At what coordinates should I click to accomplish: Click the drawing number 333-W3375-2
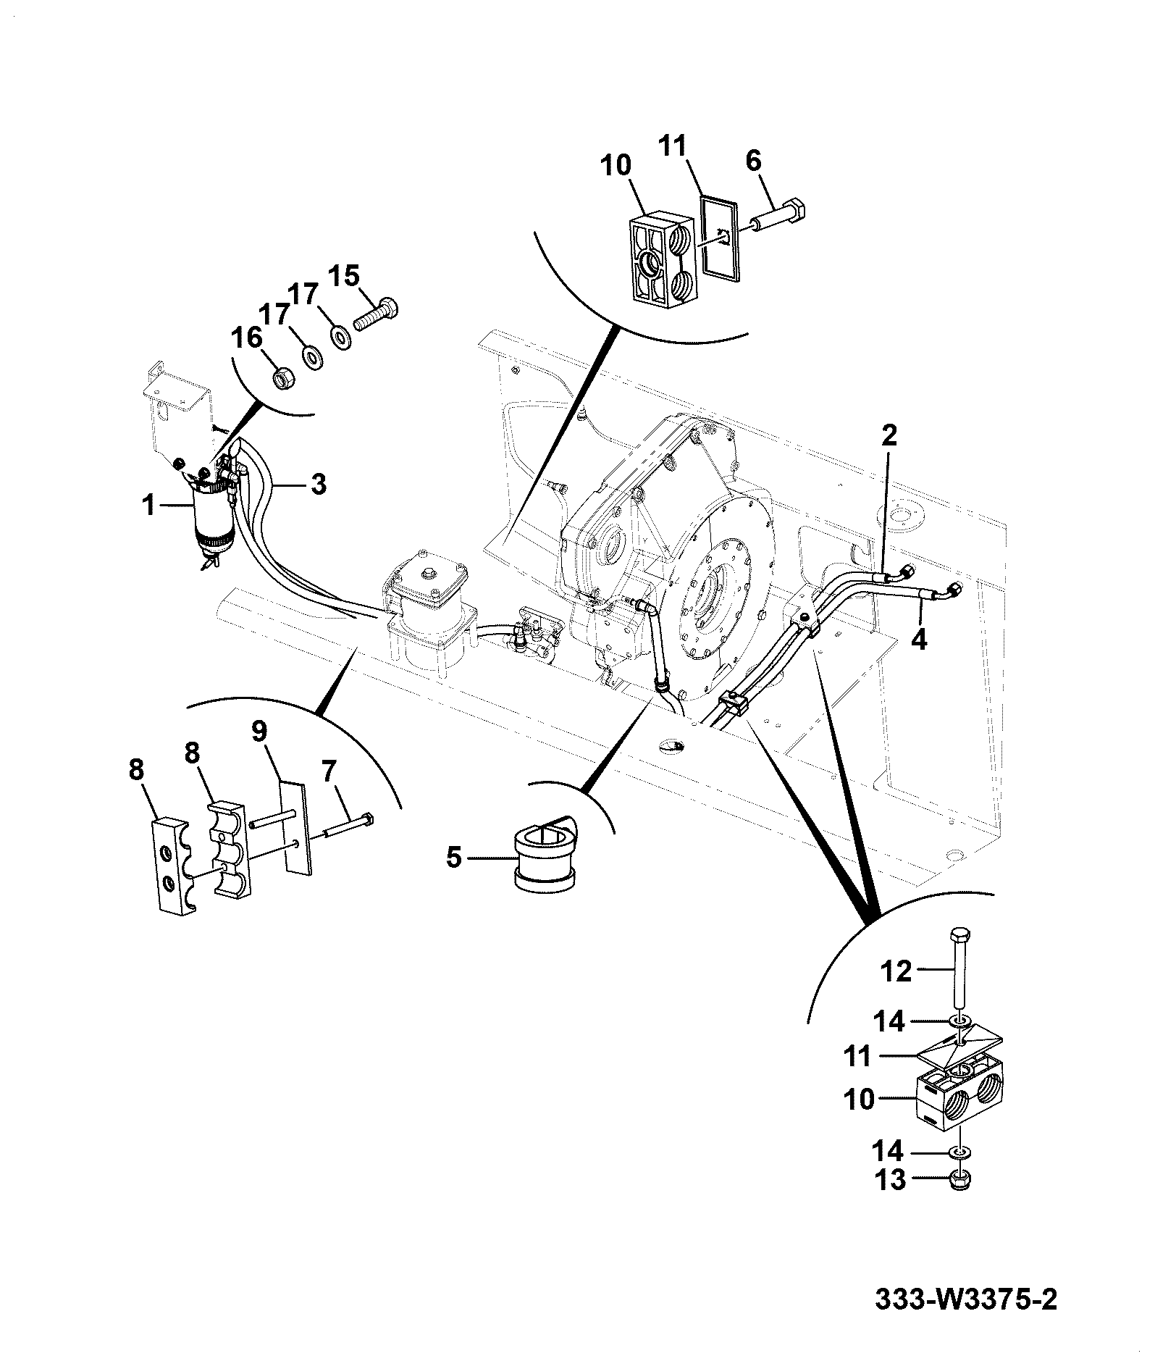(966, 1300)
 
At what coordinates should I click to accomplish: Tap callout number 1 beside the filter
(149, 505)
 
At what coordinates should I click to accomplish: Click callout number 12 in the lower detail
(896, 972)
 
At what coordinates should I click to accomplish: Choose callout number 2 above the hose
(889, 436)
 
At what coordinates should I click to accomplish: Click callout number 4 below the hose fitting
(919, 640)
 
